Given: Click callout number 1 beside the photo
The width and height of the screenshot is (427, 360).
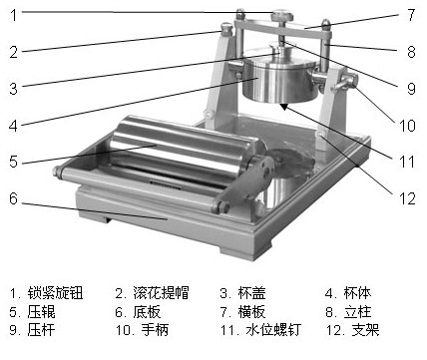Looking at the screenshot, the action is click(14, 15).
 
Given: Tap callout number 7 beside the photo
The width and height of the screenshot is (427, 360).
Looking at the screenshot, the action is click(411, 15).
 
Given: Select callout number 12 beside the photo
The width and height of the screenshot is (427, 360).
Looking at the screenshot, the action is click(407, 198).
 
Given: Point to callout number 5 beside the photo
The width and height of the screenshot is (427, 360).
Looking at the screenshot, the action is click(13, 162).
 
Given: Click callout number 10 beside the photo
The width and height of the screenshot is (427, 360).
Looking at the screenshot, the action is click(407, 126).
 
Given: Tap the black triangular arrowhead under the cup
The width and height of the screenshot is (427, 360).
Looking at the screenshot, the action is click(283, 107).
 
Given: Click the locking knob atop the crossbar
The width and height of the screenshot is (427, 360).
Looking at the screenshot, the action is click(282, 16).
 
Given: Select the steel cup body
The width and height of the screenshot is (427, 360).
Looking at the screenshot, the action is click(278, 82).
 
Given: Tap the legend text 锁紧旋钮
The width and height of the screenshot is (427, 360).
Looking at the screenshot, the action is click(55, 293).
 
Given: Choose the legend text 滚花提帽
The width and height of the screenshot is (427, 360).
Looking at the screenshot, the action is click(161, 293).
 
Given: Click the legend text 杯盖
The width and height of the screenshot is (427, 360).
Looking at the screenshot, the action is click(252, 293).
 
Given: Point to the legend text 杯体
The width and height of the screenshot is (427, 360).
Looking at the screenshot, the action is click(357, 293).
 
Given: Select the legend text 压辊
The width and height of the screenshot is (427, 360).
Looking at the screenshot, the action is click(42, 312).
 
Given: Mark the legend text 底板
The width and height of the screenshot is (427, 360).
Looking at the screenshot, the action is click(147, 312).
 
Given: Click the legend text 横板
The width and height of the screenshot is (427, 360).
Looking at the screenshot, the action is click(252, 312).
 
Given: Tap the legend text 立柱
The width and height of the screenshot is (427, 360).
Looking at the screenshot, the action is click(357, 312).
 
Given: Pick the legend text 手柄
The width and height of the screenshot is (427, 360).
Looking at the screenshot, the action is click(155, 330).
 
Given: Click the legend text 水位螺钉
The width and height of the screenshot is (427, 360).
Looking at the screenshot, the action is click(273, 330).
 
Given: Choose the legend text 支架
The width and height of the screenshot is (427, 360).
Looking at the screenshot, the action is click(365, 330).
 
